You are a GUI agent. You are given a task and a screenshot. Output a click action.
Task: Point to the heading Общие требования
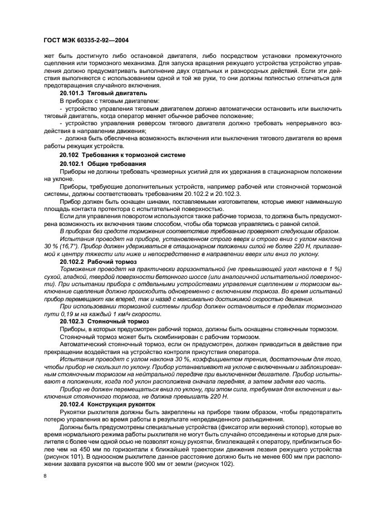tap(116, 164)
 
